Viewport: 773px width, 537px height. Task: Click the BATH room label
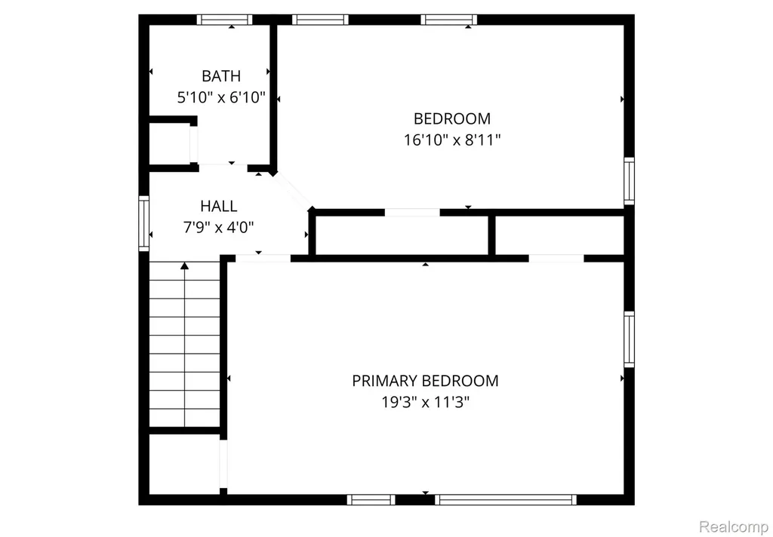[221, 76]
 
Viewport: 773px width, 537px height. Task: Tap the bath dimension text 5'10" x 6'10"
[221, 97]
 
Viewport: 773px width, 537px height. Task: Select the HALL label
[218, 206]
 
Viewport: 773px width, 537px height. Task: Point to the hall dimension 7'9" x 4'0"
[218, 227]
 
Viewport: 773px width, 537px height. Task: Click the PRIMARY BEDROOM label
[425, 381]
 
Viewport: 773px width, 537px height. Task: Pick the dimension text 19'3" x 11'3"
[425, 403]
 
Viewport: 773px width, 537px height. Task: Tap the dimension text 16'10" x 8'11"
[452, 140]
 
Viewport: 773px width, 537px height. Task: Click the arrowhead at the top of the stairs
[184, 266]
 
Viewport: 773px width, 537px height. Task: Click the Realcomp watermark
[732, 526]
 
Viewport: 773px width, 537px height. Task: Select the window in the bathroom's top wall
[224, 20]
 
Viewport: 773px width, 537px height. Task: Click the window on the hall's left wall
[144, 223]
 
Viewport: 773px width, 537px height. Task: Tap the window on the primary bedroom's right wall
[629, 339]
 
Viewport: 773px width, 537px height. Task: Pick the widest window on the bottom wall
[505, 499]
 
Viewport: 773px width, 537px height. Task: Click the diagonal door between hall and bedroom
[292, 191]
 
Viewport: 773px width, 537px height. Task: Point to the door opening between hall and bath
[223, 165]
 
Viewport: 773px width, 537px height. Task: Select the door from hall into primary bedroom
[263, 258]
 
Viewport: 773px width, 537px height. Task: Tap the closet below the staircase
[184, 464]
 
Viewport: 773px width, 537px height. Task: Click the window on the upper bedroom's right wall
[629, 181]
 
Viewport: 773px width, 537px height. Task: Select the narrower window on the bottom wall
[371, 499]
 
